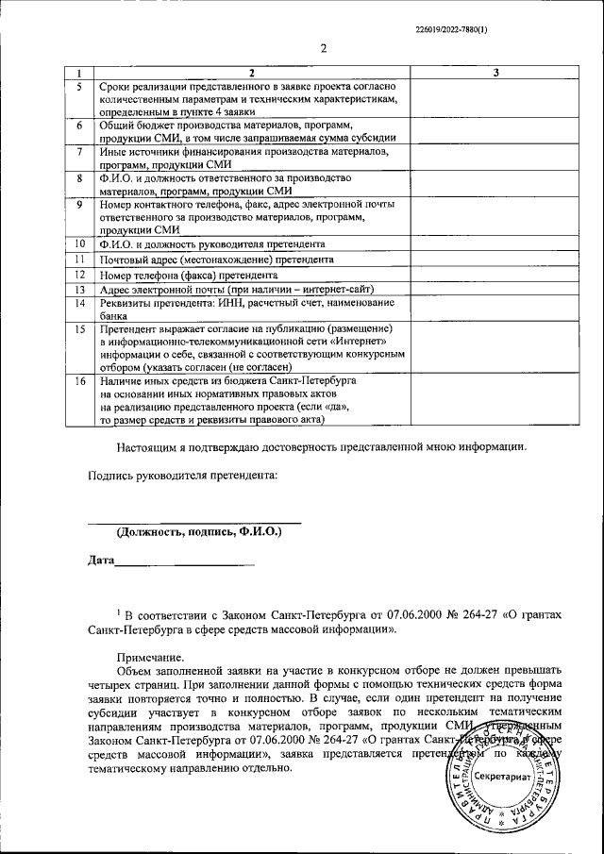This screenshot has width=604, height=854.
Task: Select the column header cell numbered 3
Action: coord(496,73)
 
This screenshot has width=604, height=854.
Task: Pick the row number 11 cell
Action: coord(80,259)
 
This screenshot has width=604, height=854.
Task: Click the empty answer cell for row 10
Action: coord(496,243)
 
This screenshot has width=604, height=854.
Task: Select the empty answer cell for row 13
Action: coord(496,289)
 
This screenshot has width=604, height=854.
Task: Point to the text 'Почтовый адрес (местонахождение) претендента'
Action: coord(216,259)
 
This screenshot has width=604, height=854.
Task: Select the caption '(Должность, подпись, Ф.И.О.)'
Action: coord(199,532)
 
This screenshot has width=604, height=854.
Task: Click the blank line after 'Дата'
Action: coord(185,564)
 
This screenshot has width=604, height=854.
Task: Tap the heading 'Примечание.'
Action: coord(151,658)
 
